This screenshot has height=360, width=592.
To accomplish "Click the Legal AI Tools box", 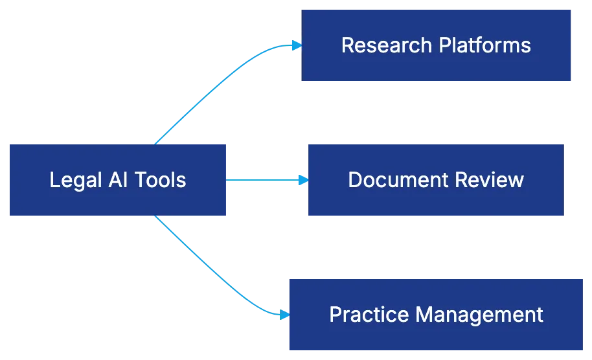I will point(117,179).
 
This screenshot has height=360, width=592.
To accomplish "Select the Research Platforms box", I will point(436,45).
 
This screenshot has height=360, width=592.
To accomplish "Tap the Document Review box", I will point(435,179).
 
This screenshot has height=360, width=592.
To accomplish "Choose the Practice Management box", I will point(435,315).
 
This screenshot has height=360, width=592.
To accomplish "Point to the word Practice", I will point(369,315).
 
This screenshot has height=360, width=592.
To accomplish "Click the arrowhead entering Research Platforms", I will point(296,45).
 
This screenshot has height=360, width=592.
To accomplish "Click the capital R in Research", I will point(347,45).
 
